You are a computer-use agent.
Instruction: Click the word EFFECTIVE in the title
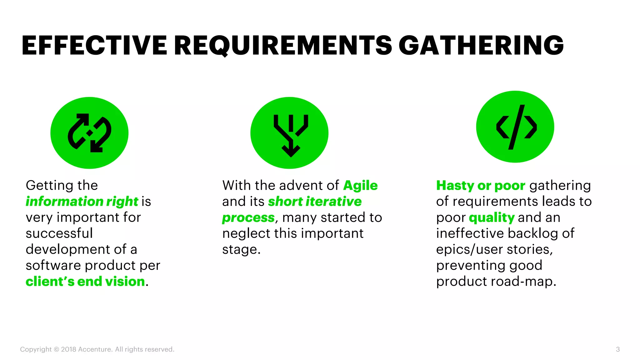94,46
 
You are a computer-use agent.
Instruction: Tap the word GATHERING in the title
481,46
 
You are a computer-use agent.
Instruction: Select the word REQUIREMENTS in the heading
283,46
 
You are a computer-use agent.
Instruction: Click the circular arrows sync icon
89,133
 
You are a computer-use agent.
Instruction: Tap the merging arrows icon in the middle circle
291,134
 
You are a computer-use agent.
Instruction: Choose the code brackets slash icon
516,127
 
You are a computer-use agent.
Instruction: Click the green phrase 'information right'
82,202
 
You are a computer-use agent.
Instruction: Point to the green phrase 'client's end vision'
85,282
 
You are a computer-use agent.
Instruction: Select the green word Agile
360,186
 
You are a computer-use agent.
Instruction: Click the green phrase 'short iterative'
315,202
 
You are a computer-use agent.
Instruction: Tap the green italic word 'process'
248,218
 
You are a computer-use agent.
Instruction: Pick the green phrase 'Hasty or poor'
481,186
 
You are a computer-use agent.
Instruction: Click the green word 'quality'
492,218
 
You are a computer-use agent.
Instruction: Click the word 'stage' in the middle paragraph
240,250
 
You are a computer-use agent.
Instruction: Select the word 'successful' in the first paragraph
59,233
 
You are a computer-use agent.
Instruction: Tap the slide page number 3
617,349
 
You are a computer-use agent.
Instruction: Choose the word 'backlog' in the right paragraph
532,233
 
